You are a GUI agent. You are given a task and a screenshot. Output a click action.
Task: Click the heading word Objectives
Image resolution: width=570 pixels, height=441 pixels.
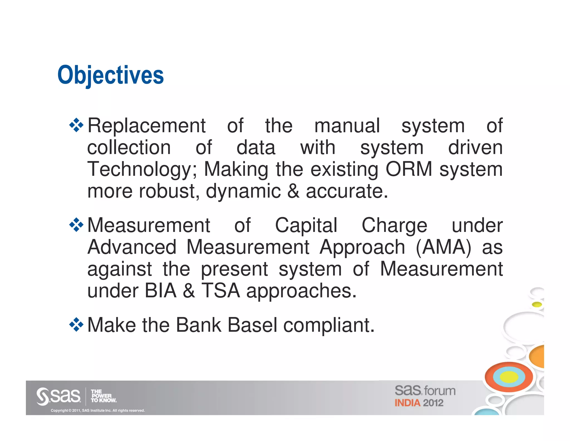click(x=110, y=75)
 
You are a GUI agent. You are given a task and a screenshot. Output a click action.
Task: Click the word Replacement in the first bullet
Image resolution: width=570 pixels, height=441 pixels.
click(x=146, y=126)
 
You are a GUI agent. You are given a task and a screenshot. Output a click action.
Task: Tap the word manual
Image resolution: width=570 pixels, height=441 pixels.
click(x=347, y=126)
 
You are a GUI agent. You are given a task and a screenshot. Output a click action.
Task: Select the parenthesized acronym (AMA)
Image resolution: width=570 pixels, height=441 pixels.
click(x=443, y=247)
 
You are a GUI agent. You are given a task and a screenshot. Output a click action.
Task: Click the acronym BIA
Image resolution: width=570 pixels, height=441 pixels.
click(x=161, y=291)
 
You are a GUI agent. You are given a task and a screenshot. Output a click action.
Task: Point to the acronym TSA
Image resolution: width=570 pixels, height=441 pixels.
click(x=220, y=291)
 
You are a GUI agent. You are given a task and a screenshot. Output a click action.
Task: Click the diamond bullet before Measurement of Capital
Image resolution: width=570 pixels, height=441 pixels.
click(x=76, y=225)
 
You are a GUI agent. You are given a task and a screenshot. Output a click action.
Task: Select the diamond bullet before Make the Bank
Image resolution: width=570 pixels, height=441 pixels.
click(x=76, y=324)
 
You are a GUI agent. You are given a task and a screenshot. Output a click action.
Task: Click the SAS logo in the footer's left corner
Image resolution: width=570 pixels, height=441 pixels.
click(x=58, y=396)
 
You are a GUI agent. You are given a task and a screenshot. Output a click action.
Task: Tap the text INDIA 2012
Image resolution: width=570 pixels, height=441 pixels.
click(x=419, y=403)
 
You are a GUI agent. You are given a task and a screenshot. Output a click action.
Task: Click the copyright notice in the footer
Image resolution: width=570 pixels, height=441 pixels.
click(x=98, y=410)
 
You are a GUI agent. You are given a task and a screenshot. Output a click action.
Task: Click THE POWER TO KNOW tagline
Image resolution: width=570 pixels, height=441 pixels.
click(x=103, y=396)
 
